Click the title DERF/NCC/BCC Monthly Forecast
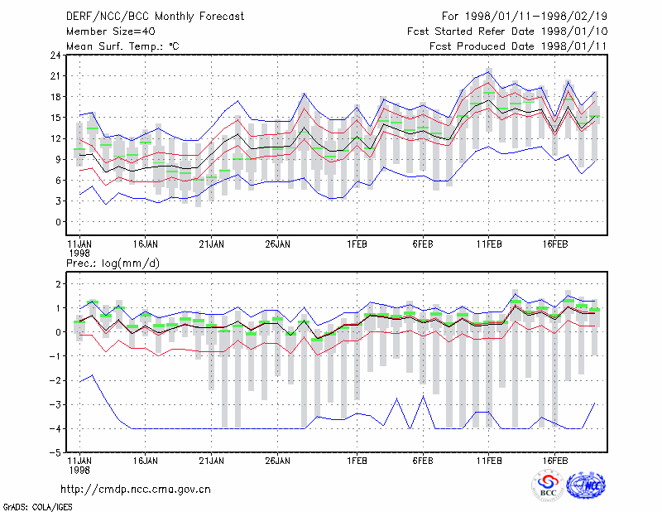155,17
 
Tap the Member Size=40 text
111,31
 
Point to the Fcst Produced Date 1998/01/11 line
518,46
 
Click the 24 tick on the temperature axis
55,55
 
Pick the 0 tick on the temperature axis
58,221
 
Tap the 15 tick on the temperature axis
55,118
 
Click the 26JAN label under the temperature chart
277,244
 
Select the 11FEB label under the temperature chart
489,244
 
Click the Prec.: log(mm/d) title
113,263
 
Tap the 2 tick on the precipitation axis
58,283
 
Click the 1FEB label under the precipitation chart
357,461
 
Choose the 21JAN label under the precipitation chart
211,461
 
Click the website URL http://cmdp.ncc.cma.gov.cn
136,490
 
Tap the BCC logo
548,486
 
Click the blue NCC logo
586,485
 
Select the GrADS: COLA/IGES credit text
37,507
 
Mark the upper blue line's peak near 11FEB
489,72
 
